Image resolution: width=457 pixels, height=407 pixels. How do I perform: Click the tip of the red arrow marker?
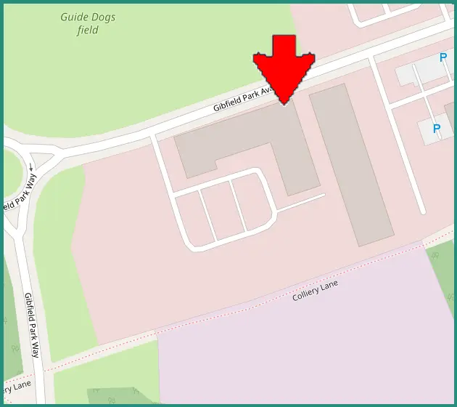(284, 104)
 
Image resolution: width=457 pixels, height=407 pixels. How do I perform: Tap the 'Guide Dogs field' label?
(88, 24)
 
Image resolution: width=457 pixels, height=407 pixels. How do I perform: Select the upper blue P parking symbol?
(442, 57)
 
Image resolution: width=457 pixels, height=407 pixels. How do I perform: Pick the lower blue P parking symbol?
(437, 129)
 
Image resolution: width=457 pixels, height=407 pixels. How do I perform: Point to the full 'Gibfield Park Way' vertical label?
(33, 325)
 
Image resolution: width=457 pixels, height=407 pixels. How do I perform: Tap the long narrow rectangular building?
(352, 164)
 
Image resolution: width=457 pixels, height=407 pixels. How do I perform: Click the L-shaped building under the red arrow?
(239, 142)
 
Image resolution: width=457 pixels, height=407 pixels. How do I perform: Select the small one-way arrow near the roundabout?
(31, 168)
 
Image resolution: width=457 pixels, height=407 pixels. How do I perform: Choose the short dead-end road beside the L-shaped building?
(300, 203)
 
